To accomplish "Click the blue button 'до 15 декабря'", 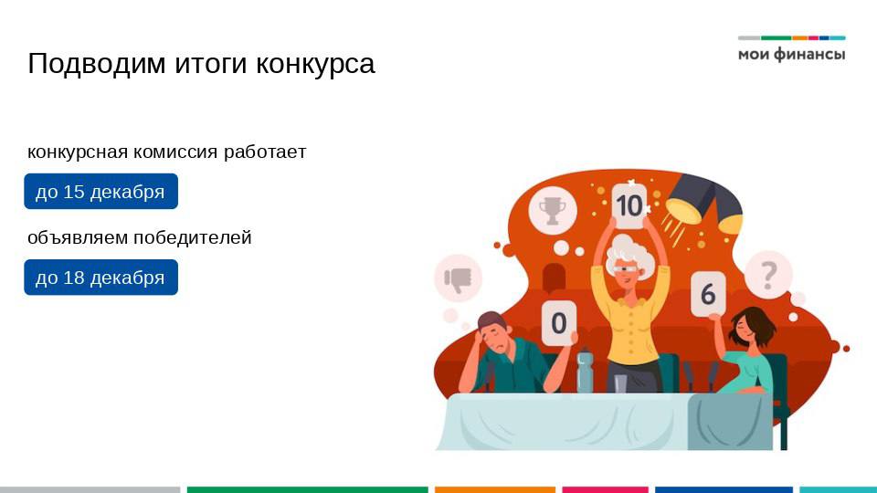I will [x=100, y=192].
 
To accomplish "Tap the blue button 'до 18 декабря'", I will [x=100, y=278].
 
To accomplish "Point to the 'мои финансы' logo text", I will [x=791, y=55].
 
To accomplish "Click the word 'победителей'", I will [x=192, y=238].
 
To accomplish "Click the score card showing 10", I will [x=629, y=205].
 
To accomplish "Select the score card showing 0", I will [x=559, y=322].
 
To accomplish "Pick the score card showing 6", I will [x=708, y=294].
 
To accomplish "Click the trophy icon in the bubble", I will [x=553, y=211].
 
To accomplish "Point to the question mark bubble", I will [x=768, y=274].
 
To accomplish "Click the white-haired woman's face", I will [x=626, y=267].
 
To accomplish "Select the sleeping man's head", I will [x=493, y=335].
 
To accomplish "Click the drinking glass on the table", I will [x=621, y=384].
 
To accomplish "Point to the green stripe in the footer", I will [x=307, y=489].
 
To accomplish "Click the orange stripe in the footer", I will [x=494, y=489].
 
